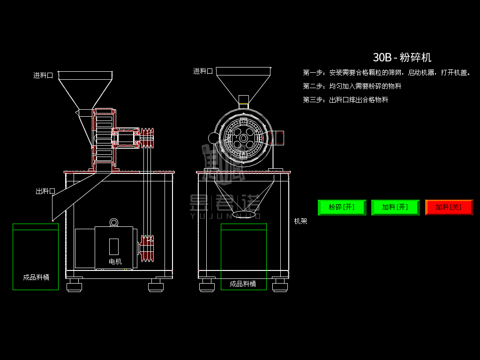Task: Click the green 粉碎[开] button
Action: pyautogui.click(x=342, y=207)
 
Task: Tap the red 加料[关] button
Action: pyautogui.click(x=449, y=207)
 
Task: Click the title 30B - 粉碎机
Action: pyautogui.click(x=402, y=58)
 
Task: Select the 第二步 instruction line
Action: pyautogui.click(x=352, y=86)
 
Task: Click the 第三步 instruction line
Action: pyautogui.click(x=345, y=100)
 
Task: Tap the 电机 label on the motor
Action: pyautogui.click(x=115, y=262)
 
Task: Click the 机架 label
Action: pyautogui.click(x=300, y=221)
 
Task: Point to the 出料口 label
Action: pyautogui.click(x=45, y=191)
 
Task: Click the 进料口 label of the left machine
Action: pyautogui.click(x=43, y=75)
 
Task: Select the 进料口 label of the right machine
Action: pyautogui.click(x=203, y=71)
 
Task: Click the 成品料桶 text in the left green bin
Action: pyautogui.click(x=36, y=277)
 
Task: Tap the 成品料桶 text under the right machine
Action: pyautogui.click(x=243, y=284)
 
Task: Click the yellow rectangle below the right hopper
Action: pyautogui.click(x=243, y=106)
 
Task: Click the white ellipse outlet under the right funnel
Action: pyautogui.click(x=244, y=214)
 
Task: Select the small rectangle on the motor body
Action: pyautogui.click(x=114, y=246)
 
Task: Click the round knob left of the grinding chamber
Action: pyautogui.click(x=214, y=138)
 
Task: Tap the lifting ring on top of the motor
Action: pyautogui.click(x=114, y=222)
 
